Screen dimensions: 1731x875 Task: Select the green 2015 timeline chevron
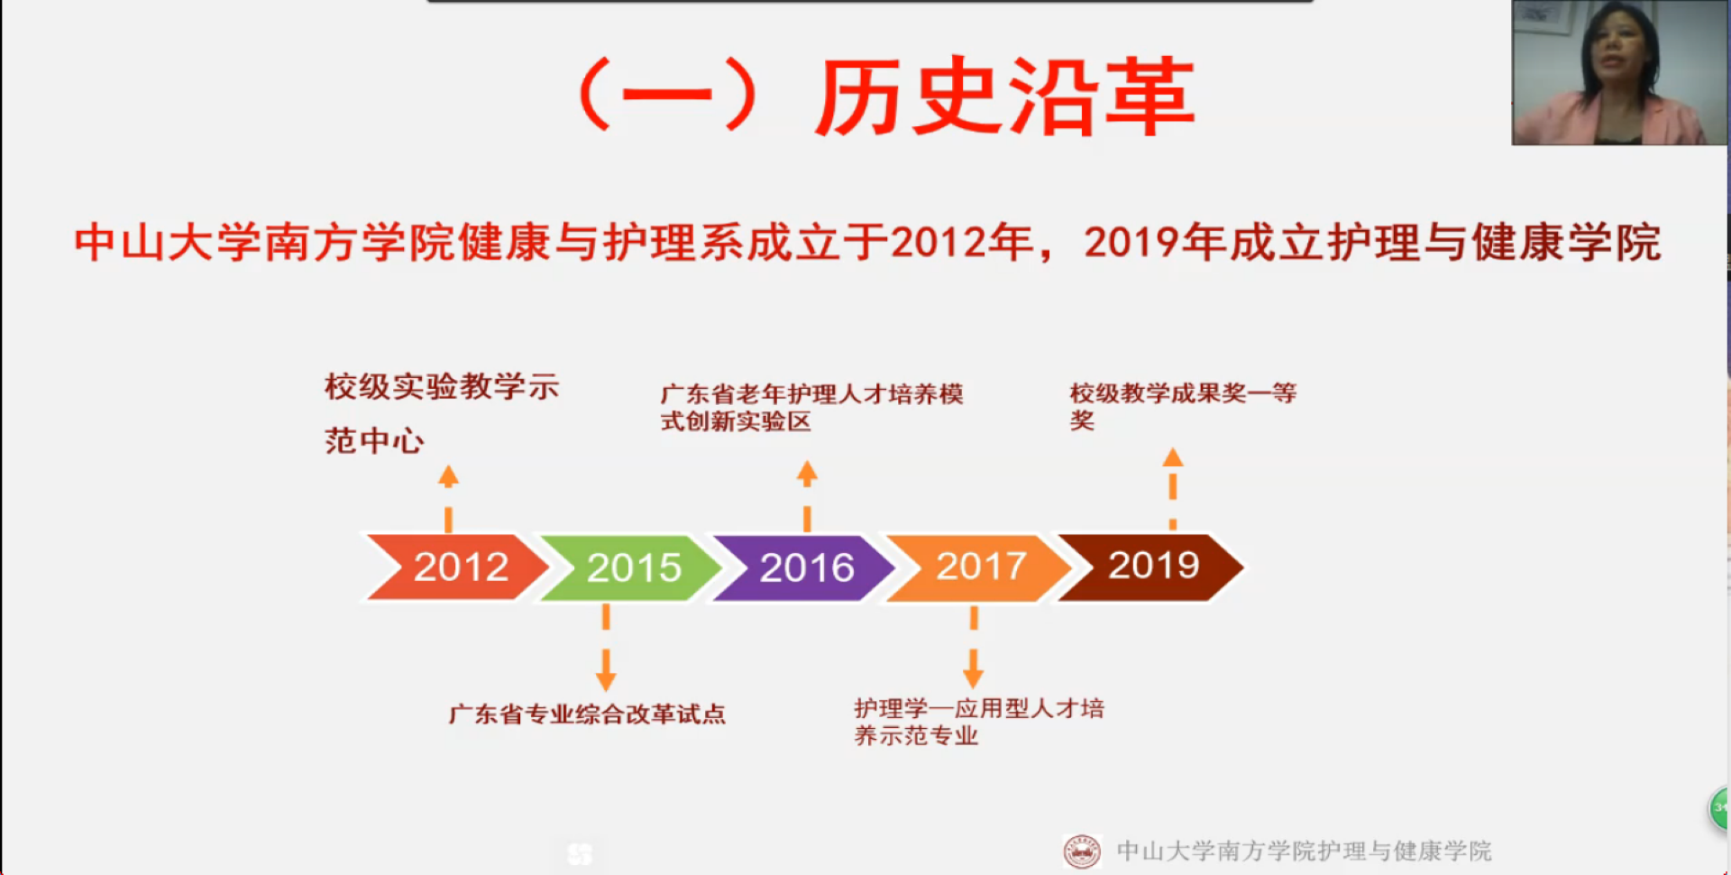[631, 567]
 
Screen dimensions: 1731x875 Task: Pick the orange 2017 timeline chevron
[979, 566]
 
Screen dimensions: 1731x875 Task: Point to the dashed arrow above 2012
[448, 498]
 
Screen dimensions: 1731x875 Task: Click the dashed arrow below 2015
[606, 648]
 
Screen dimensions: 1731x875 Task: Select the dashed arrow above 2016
[807, 496]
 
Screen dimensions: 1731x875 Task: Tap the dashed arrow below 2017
[974, 647]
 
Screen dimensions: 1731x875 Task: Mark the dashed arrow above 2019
[1173, 488]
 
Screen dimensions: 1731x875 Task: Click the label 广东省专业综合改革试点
[587, 714]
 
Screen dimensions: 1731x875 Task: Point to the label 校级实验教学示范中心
[442, 413]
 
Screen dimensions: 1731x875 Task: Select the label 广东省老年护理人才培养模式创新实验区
[811, 408]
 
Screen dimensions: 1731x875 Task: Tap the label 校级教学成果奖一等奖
[1183, 407]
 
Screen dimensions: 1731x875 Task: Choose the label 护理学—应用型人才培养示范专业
[979, 722]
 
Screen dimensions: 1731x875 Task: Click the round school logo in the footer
[1082, 851]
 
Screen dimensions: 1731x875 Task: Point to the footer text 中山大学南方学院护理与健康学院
[1304, 851]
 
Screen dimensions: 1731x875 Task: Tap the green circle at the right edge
[1719, 808]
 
